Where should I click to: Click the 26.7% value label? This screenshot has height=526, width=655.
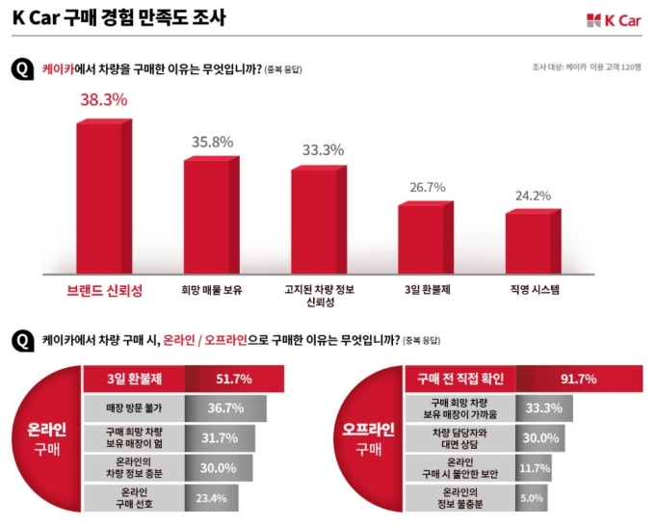click(428, 187)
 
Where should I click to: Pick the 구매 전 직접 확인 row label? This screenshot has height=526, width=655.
click(458, 380)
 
